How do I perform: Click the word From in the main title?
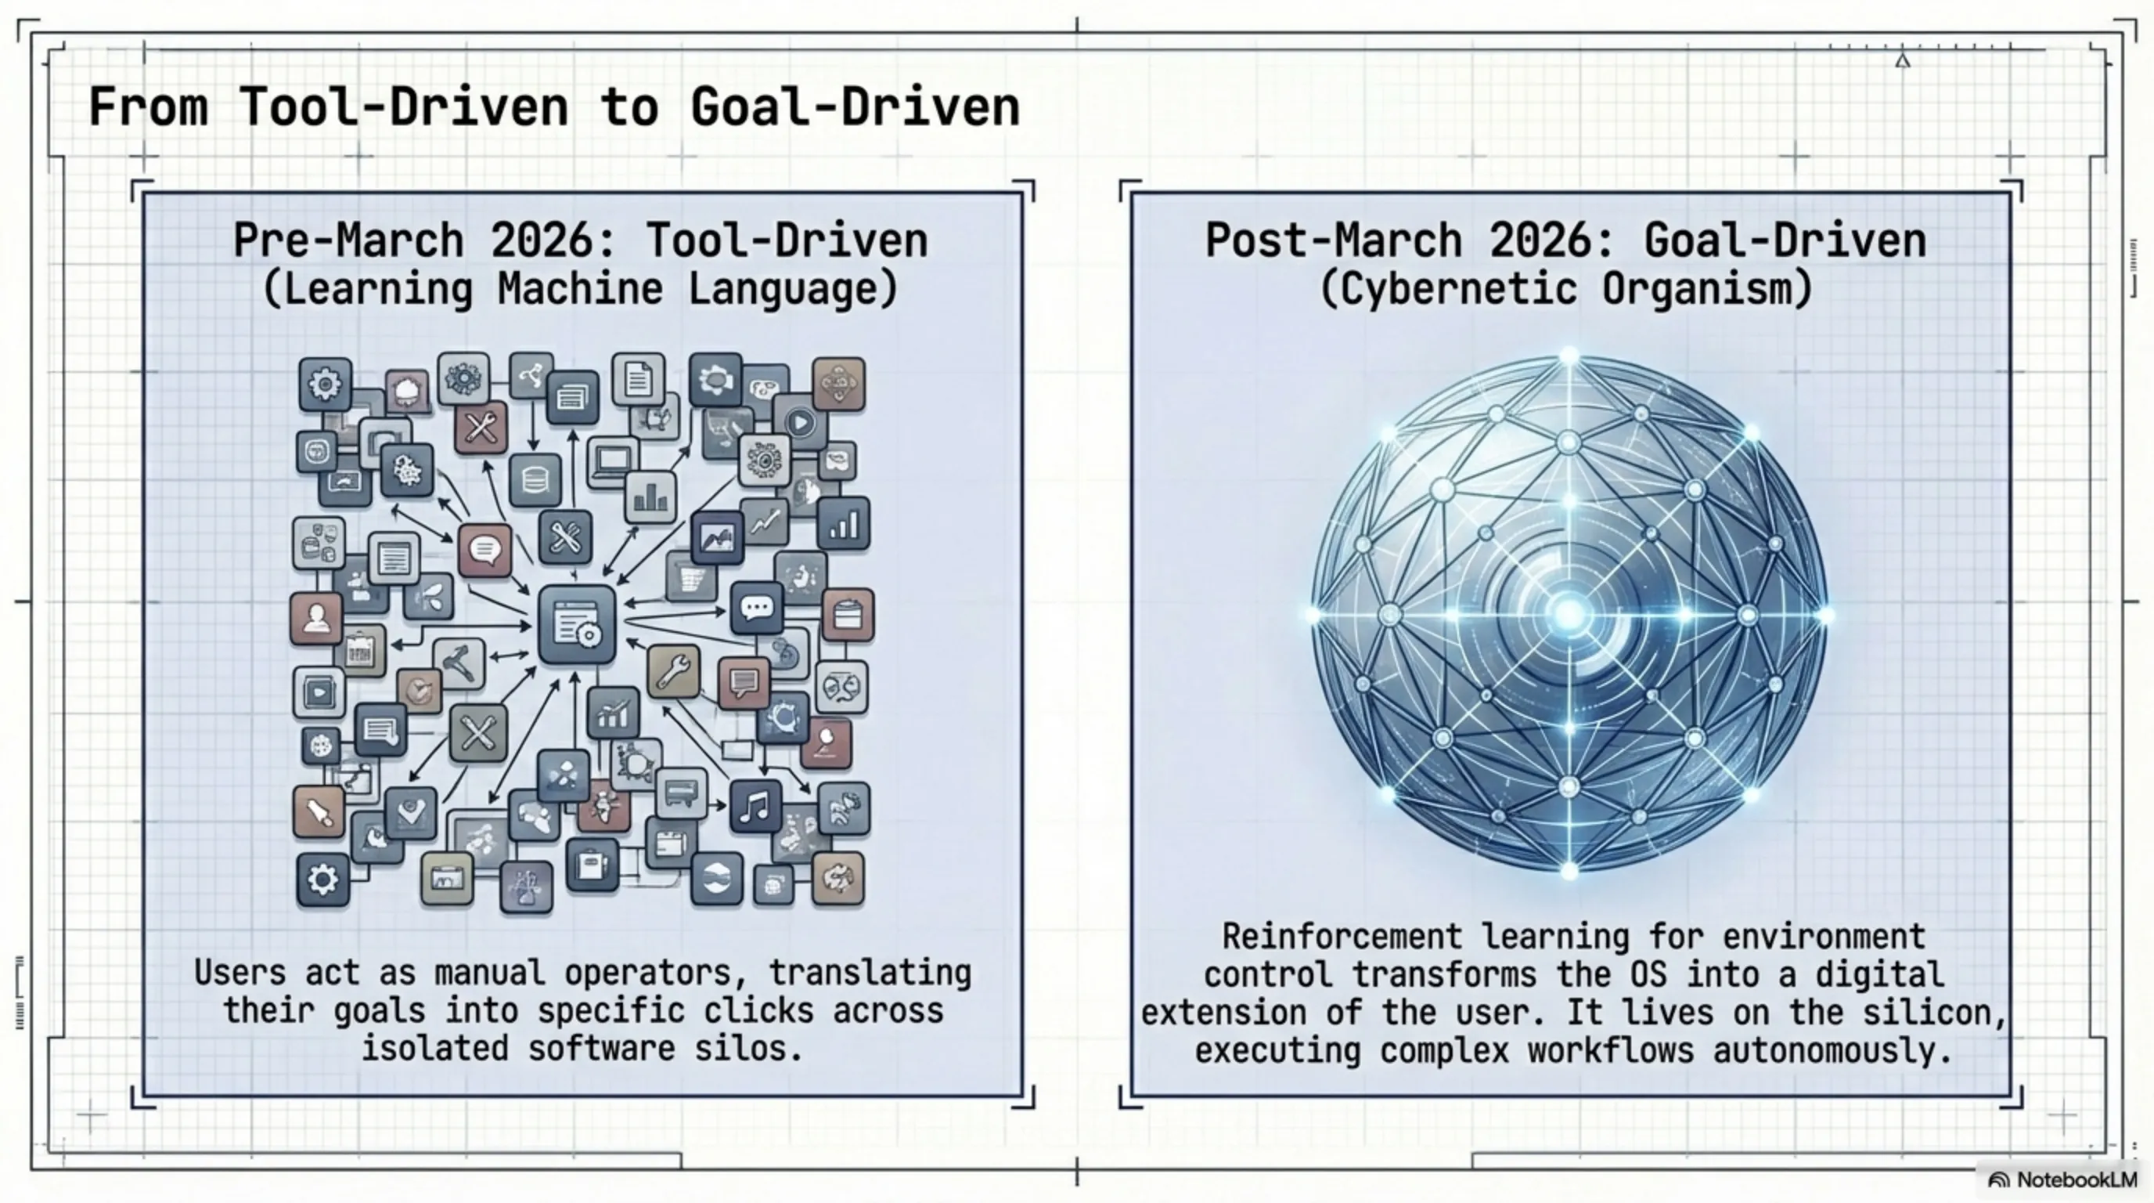pos(148,108)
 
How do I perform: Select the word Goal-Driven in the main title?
pos(855,108)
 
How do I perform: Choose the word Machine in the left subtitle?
pos(579,290)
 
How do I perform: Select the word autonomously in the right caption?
pos(1832,1050)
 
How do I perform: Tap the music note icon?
pos(755,807)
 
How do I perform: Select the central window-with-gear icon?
pos(577,625)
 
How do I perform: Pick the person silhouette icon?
pos(316,619)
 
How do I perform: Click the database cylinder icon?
pos(535,480)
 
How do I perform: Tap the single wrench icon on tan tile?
pos(673,670)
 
